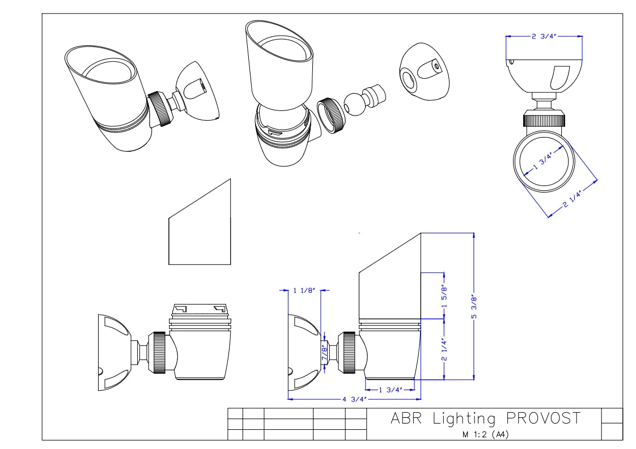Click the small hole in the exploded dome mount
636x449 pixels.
[435, 66]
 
